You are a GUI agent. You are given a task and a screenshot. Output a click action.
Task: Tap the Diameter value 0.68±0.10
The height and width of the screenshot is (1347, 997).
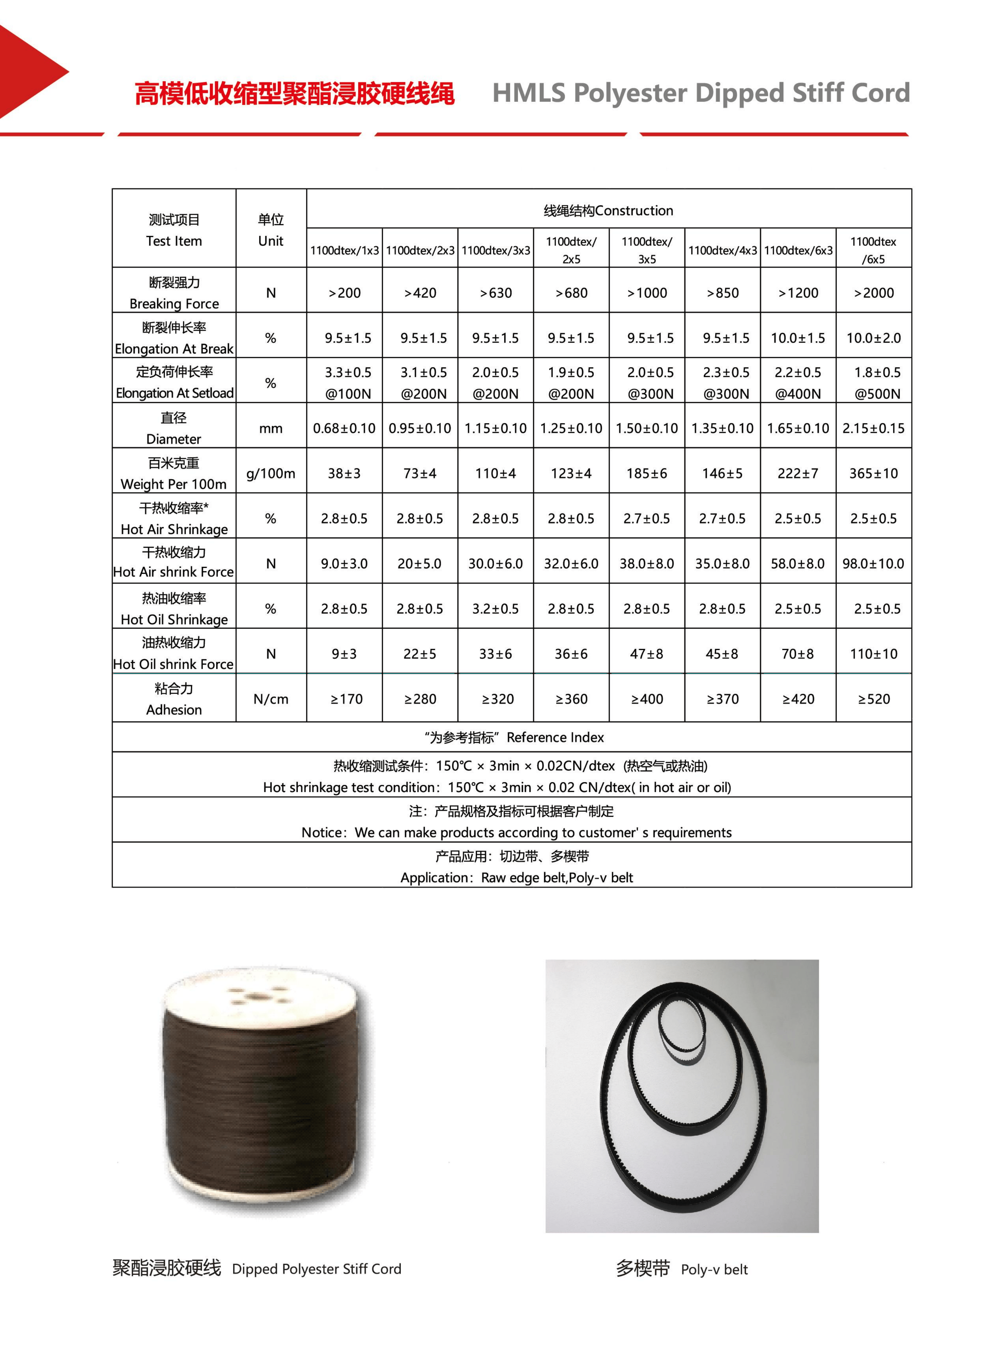pos(344,428)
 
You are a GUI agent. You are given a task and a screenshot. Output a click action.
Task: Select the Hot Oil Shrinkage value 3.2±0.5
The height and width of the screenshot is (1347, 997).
pos(496,609)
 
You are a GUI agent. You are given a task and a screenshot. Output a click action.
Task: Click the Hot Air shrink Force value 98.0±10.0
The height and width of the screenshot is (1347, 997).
pos(873,564)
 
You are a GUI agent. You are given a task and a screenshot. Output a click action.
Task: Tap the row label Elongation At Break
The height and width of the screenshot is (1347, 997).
pos(174,349)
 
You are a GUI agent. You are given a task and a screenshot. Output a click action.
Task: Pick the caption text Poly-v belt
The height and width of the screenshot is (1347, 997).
pos(714,1269)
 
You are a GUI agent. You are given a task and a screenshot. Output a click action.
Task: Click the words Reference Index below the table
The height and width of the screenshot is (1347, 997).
pos(555,738)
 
